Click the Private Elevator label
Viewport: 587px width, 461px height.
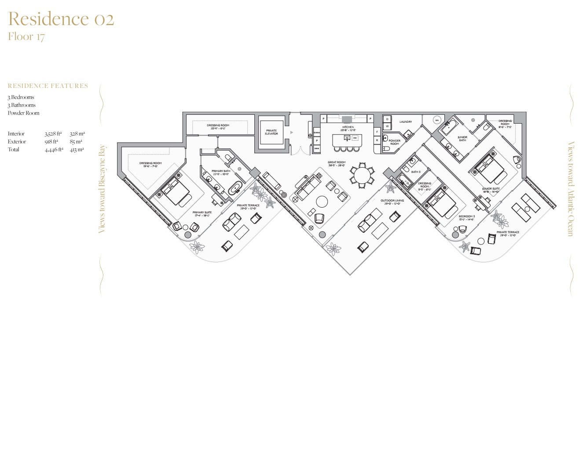click(x=271, y=132)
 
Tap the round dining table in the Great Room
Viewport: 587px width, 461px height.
click(x=362, y=176)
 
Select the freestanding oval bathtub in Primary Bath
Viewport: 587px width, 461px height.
click(x=236, y=188)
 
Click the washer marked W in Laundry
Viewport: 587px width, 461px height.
click(x=387, y=127)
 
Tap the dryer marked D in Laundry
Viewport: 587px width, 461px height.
click(x=387, y=119)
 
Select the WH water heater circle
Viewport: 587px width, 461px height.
click(x=437, y=120)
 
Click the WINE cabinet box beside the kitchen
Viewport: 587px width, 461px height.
click(x=316, y=149)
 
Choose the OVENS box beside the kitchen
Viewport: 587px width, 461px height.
click(x=316, y=133)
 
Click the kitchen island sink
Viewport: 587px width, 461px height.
click(x=347, y=138)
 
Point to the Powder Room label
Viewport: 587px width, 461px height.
click(x=395, y=142)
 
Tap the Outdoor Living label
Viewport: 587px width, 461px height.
click(x=392, y=202)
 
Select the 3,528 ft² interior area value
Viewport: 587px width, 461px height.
click(x=53, y=134)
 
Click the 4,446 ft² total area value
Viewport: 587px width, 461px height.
click(x=54, y=150)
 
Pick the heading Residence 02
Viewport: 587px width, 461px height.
click(x=61, y=19)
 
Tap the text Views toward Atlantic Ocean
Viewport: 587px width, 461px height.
click(x=570, y=189)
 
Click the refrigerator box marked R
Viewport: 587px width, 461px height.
click(x=377, y=140)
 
